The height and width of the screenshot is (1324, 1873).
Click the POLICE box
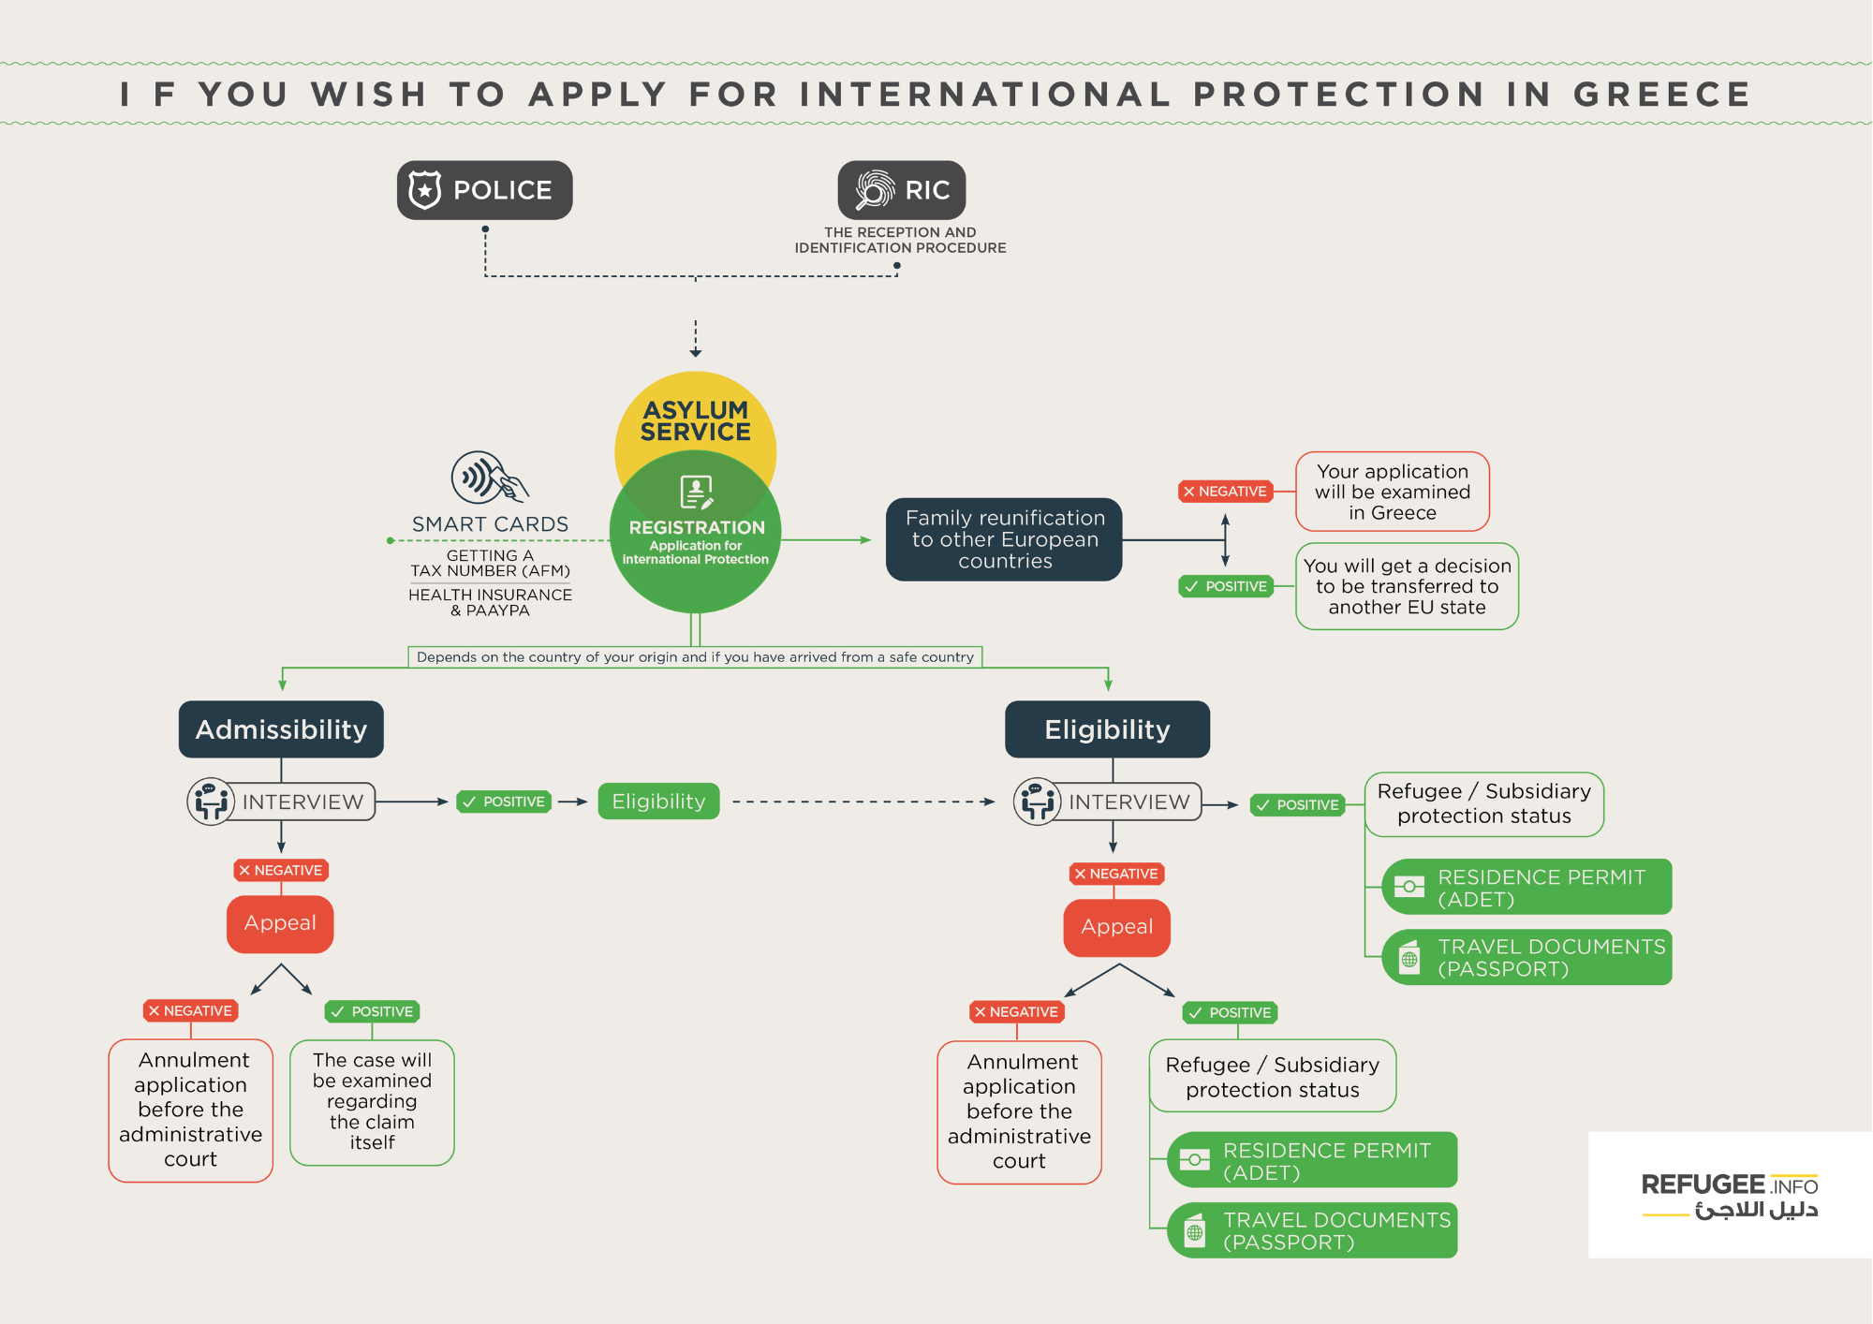[x=484, y=190]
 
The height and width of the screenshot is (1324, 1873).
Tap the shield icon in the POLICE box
[x=425, y=190]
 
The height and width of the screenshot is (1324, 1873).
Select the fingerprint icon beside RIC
[x=875, y=190]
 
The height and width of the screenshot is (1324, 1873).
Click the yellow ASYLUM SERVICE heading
[x=695, y=420]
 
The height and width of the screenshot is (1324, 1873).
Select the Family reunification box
[x=1004, y=539]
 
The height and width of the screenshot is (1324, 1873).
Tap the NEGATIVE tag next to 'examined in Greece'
[x=1225, y=492]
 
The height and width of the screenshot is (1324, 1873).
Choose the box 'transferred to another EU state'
[x=1407, y=586]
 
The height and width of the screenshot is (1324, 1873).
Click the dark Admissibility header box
[x=281, y=729]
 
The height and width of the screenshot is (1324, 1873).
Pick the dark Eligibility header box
[x=1107, y=729]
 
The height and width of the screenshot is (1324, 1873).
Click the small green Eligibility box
[x=658, y=802]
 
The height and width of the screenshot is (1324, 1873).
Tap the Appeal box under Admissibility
[x=280, y=923]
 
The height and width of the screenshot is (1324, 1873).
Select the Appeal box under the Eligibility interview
[x=1116, y=927]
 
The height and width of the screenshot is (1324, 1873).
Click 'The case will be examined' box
[x=372, y=1102]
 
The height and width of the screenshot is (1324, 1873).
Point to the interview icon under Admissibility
[x=211, y=802]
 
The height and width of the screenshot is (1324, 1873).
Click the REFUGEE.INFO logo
[x=1729, y=1195]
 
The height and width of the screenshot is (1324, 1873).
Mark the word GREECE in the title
[x=1661, y=95]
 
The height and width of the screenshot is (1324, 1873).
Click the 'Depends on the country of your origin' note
[x=695, y=657]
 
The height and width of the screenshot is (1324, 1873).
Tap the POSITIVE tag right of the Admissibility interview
[x=504, y=802]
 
